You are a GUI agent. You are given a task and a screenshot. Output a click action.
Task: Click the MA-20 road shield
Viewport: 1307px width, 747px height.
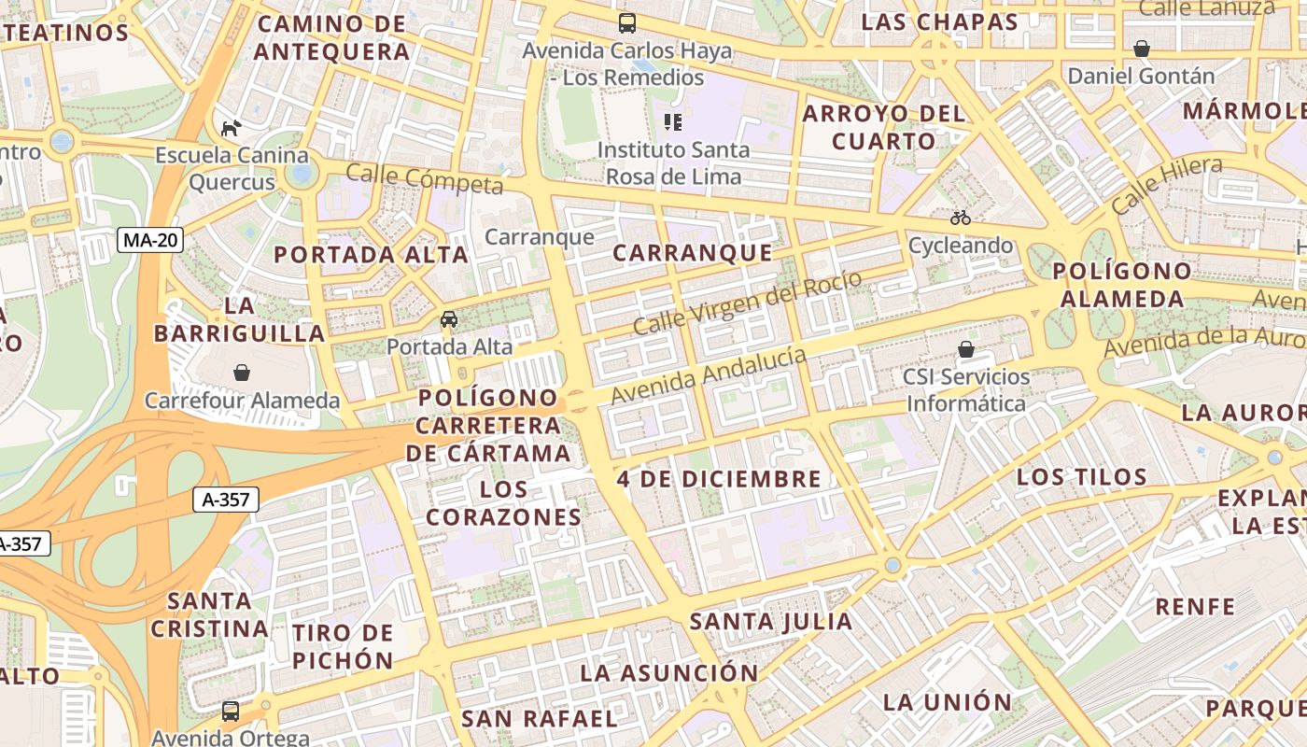151,240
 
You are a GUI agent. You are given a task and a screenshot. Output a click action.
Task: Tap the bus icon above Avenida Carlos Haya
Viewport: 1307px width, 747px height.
627,23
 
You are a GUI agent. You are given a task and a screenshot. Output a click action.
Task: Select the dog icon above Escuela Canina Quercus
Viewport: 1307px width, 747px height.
231,127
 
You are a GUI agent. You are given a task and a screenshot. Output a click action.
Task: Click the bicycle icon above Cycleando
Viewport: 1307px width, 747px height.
961,218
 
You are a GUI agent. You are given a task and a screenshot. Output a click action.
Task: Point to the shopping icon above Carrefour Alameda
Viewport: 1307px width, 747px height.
242,373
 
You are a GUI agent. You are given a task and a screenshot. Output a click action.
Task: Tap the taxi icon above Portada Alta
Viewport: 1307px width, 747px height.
449,319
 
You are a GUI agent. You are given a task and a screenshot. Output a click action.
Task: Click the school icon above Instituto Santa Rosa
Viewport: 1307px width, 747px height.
673,121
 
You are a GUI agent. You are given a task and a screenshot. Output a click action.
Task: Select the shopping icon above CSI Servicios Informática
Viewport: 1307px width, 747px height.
966,349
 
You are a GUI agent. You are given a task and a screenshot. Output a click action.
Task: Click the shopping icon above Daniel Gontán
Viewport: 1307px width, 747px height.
1141,49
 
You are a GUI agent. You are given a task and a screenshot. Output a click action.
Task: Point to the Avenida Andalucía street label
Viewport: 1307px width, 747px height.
708,375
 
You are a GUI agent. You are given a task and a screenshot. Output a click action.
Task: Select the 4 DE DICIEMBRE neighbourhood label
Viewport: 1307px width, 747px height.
719,479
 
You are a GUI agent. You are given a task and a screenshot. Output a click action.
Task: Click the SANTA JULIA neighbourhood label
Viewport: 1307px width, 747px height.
771,621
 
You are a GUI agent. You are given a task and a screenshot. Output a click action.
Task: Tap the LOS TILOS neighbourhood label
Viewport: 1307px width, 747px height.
1081,477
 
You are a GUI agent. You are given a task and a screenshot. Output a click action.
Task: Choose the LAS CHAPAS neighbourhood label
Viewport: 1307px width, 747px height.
939,22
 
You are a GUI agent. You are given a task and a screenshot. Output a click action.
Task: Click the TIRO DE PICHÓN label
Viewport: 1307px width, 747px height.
343,647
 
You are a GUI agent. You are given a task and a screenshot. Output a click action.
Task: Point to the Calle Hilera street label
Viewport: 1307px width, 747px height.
1166,184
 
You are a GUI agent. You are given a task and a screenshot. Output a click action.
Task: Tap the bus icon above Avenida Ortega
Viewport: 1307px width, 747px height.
231,712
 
